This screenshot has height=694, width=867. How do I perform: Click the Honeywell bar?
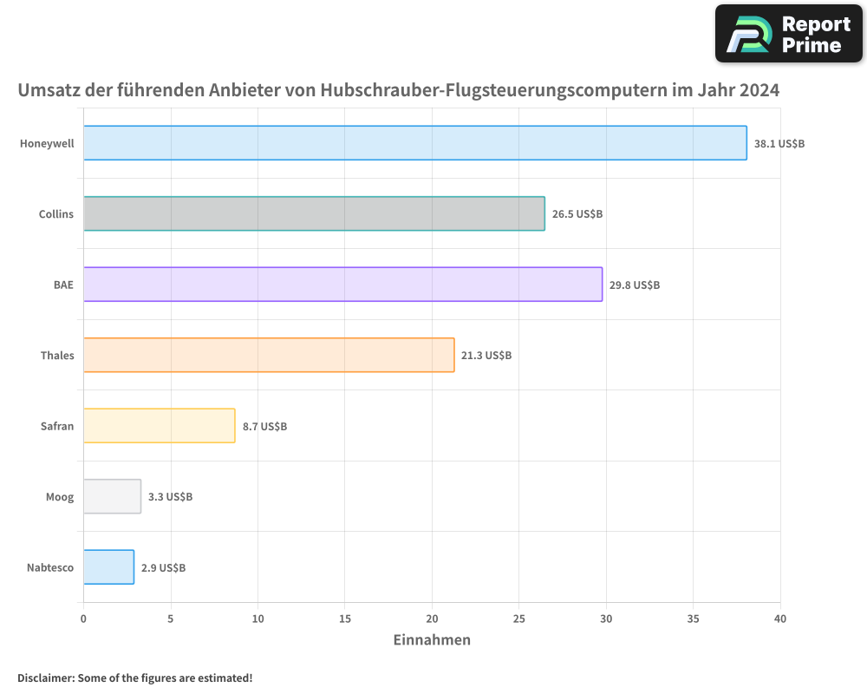[x=414, y=143]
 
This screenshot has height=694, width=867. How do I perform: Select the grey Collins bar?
[x=314, y=213]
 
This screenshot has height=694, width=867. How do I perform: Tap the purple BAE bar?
[x=342, y=285]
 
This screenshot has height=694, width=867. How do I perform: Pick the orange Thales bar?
[x=269, y=355]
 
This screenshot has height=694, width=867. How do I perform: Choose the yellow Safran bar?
[x=160, y=426]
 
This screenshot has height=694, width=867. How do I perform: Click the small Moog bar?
[x=112, y=496]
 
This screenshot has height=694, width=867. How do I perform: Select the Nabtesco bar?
[x=109, y=567]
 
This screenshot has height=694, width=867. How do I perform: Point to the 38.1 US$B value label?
[x=779, y=144]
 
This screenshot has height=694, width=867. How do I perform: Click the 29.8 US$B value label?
[x=634, y=285]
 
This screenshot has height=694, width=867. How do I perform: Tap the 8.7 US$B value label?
[x=264, y=427]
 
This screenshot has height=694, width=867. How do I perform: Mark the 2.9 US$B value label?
[x=163, y=568]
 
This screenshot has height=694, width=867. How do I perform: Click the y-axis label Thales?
[x=57, y=356]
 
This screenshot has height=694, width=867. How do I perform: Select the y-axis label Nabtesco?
[x=50, y=568]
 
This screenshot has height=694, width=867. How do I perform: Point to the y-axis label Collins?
[x=56, y=214]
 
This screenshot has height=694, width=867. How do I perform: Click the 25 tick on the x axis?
[x=518, y=619]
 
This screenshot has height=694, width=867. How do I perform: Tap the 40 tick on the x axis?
[x=780, y=619]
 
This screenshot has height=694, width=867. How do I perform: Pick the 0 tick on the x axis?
[x=83, y=619]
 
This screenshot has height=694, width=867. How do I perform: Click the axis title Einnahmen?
[x=432, y=640]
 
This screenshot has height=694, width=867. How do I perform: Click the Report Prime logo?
[x=788, y=34]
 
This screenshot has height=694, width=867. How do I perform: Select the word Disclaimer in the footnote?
[x=44, y=678]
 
